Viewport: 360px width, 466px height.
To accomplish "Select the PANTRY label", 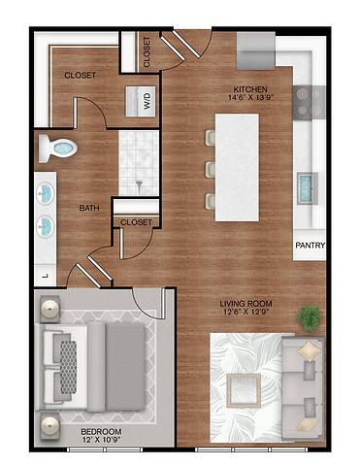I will [x=310, y=246].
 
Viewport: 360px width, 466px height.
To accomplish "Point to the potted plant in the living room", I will [x=310, y=316].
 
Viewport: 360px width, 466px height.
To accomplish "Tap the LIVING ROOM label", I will [x=245, y=303].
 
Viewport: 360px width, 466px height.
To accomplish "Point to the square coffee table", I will [x=242, y=389].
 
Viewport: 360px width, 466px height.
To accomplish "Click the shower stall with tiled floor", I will [x=138, y=162].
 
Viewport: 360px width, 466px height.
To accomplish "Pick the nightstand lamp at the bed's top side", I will [x=49, y=309].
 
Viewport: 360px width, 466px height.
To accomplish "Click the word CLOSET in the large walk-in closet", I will [x=80, y=75].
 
